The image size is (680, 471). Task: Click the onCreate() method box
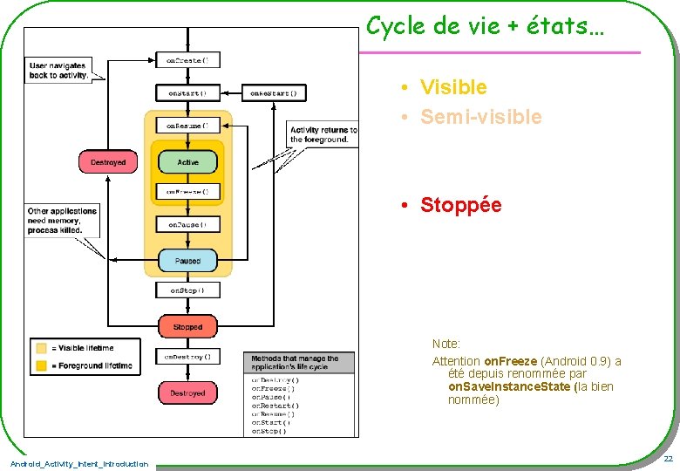[x=187, y=61]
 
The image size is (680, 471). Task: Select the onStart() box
[x=187, y=92]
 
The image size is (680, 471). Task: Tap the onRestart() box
[x=274, y=92]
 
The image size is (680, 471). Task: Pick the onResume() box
[x=187, y=126]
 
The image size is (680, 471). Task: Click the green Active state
[x=187, y=162]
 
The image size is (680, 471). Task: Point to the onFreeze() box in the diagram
[x=187, y=191]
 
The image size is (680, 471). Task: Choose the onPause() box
[x=187, y=224]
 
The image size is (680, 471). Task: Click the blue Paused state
[x=187, y=260]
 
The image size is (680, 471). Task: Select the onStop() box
[x=187, y=290]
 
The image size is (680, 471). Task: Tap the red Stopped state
[x=187, y=327]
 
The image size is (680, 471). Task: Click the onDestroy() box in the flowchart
[x=187, y=357]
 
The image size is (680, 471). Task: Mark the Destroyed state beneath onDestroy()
[x=187, y=393]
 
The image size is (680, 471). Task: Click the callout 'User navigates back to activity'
[x=58, y=70]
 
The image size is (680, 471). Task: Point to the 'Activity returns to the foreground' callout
[x=323, y=134]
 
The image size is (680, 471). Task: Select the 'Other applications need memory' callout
[x=62, y=221]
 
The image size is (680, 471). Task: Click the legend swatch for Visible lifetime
[x=40, y=348]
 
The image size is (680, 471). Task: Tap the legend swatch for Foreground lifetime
[x=40, y=366]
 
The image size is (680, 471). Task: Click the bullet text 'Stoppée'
[x=460, y=205]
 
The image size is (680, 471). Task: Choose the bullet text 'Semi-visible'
[x=480, y=117]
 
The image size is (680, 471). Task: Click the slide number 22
[x=667, y=459]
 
